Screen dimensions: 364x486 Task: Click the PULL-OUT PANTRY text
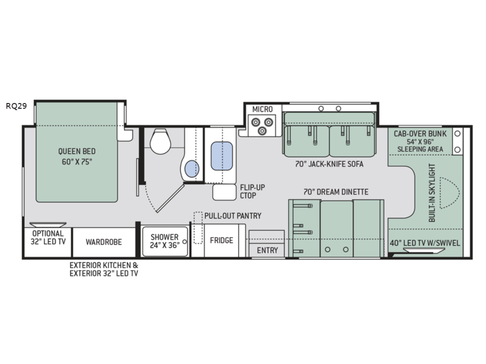233,215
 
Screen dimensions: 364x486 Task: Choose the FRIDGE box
222,241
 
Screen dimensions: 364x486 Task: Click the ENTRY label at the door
267,250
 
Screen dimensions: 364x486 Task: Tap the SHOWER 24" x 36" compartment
165,241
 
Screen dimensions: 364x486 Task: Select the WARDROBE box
103,241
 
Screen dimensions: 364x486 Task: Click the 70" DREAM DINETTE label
336,192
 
